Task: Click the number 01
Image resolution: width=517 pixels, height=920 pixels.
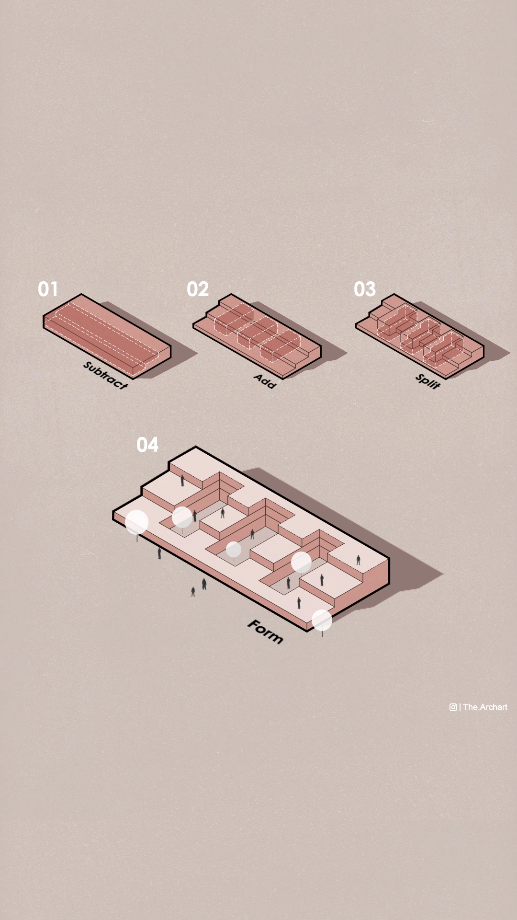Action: (48, 289)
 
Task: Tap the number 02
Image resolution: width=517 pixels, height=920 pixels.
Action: (198, 289)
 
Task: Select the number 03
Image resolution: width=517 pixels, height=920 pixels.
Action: (365, 289)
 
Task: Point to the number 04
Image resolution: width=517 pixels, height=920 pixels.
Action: (147, 445)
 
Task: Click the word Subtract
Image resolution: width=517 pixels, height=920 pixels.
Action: (106, 375)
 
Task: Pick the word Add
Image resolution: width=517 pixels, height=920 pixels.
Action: (265, 381)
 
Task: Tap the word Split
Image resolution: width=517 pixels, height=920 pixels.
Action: (427, 381)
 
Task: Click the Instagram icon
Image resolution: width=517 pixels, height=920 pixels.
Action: (453, 707)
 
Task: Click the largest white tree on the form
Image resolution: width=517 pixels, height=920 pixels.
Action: (136, 522)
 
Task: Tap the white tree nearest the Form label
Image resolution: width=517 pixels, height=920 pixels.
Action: (322, 620)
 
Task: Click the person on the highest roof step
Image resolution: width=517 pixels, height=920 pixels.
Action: (182, 480)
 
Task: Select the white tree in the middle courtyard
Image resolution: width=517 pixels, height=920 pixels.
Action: (234, 550)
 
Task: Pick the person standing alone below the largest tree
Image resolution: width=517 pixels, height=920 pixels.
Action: (159, 553)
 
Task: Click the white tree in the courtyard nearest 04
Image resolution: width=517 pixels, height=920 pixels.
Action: (182, 517)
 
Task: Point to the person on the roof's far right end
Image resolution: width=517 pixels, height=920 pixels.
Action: (358, 560)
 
